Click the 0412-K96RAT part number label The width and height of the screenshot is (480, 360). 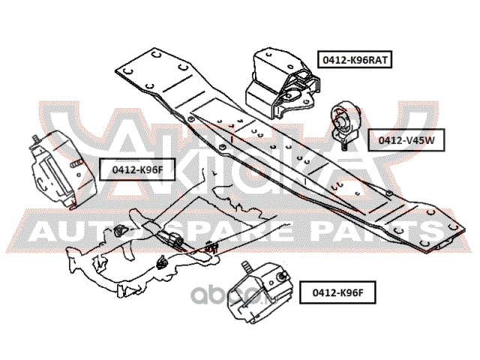point(355,59)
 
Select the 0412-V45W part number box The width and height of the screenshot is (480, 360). point(406,140)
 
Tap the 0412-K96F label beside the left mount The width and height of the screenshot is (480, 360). point(137,169)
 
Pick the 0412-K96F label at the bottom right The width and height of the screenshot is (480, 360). point(337,292)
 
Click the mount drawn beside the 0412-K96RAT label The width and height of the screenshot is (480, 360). point(282,83)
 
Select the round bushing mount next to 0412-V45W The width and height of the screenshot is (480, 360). point(345,121)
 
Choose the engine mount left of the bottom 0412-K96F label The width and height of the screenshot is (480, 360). point(259,293)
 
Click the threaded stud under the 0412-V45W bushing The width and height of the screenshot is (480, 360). point(344,145)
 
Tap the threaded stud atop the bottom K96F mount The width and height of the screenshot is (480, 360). point(247,267)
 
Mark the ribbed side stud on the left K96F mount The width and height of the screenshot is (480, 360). point(76,163)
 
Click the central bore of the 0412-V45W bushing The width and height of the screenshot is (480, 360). point(340,122)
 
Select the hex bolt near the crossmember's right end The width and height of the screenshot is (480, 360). point(388,193)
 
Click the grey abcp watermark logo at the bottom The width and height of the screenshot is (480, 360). point(233,295)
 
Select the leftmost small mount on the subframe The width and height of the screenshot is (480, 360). point(120,230)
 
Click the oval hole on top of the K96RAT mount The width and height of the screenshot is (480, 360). point(290,67)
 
